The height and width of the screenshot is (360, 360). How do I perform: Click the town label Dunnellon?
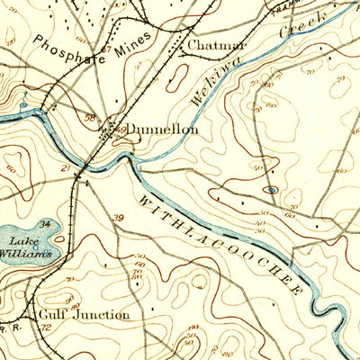click(162, 130)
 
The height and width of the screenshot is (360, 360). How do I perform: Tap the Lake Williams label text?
click(31, 247)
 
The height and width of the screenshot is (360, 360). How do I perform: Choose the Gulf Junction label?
click(84, 315)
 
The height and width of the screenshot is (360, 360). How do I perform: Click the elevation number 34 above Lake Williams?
click(42, 222)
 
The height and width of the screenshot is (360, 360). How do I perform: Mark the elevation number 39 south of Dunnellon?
click(119, 216)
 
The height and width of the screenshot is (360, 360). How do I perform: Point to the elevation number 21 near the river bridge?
click(67, 167)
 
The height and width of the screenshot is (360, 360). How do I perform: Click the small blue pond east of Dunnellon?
click(272, 190)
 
